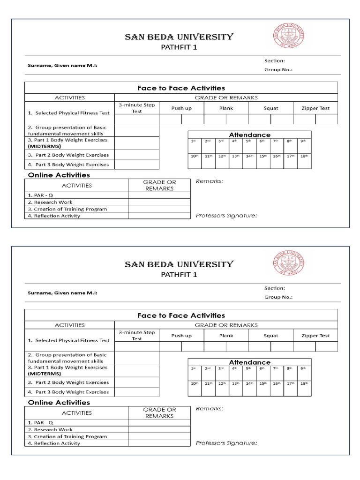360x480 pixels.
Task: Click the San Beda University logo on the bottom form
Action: coord(288,263)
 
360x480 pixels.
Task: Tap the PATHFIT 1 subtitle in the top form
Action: coord(179,47)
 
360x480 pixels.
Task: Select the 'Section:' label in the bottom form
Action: coord(274,288)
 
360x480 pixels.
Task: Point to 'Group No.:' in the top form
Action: coord(278,69)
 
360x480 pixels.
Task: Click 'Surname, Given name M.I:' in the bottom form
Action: coord(62,292)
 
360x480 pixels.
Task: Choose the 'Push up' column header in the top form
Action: coord(181,108)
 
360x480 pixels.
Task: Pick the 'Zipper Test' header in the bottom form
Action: coord(315,336)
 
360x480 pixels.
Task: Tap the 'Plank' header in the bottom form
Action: coord(226,336)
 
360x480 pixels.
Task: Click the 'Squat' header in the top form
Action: coord(270,108)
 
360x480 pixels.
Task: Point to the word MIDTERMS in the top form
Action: coord(44,146)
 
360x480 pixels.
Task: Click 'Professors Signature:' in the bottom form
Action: coord(226,443)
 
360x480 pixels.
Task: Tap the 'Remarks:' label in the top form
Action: coord(209,181)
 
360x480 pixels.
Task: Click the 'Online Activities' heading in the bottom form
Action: coord(59,403)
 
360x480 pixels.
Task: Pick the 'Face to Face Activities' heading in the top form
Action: coord(181,88)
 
